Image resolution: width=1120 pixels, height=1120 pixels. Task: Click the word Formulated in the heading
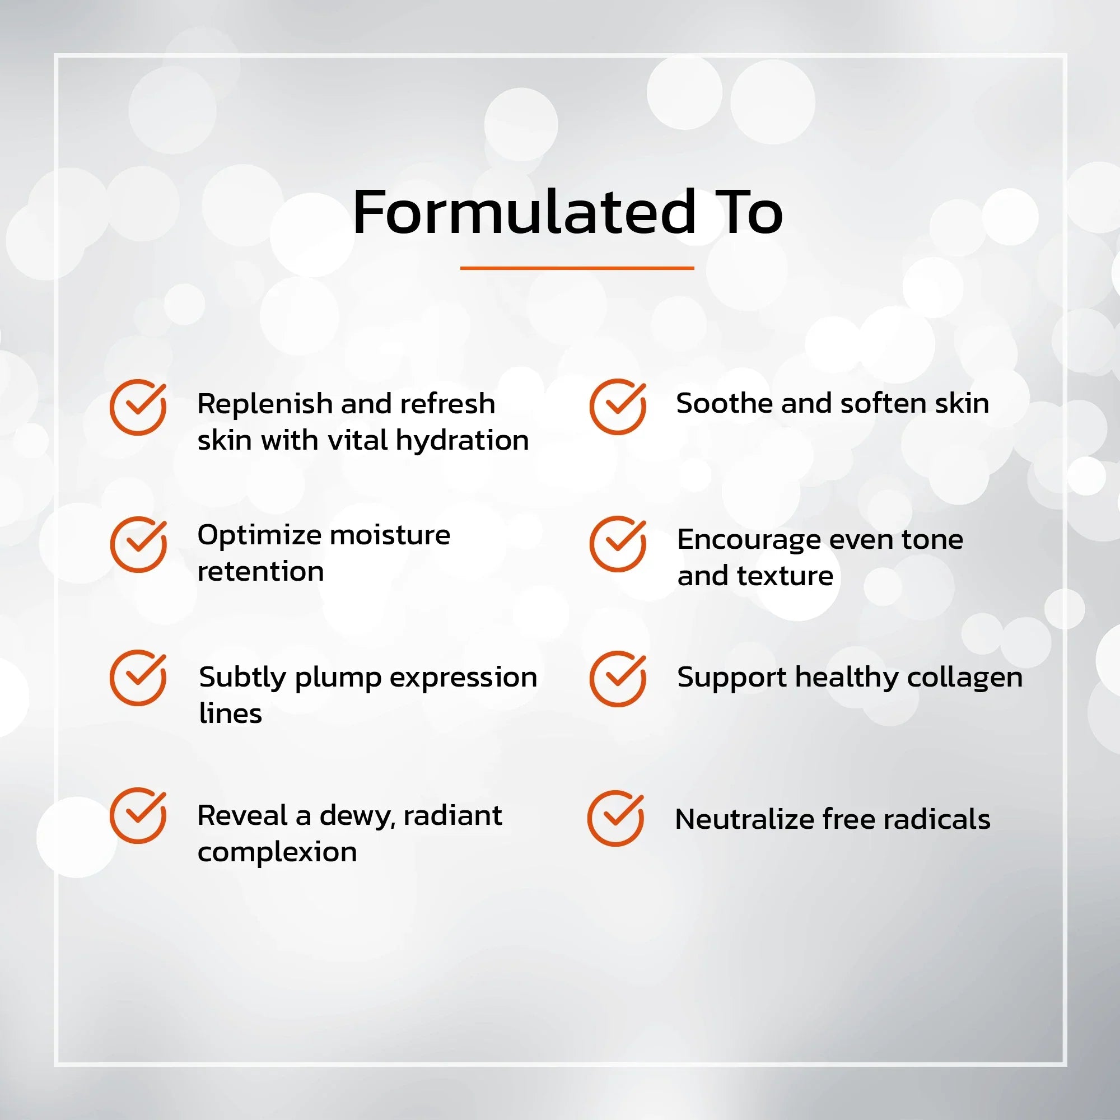[x=524, y=212]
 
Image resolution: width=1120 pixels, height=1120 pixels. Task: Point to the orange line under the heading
[x=577, y=268]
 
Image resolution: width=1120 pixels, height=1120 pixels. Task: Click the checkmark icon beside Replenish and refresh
[x=138, y=407]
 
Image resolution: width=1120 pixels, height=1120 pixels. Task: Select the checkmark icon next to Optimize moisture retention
[x=138, y=544]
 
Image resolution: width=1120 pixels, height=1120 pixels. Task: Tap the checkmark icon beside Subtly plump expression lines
[x=138, y=678]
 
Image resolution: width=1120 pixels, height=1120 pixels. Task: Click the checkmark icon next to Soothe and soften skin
[x=618, y=407]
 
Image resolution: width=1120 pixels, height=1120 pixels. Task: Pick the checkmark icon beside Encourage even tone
[x=618, y=544]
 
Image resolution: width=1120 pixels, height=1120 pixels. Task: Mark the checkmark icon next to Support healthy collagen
[x=618, y=678]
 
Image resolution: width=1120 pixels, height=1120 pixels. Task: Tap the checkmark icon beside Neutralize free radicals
[x=615, y=818]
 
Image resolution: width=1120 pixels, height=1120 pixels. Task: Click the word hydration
[x=463, y=441]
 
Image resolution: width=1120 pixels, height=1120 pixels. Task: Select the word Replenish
[x=265, y=405]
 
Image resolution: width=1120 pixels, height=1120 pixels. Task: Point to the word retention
[x=261, y=572]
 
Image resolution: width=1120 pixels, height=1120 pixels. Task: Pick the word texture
[x=785, y=576]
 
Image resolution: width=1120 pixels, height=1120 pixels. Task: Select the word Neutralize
[x=744, y=819]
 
